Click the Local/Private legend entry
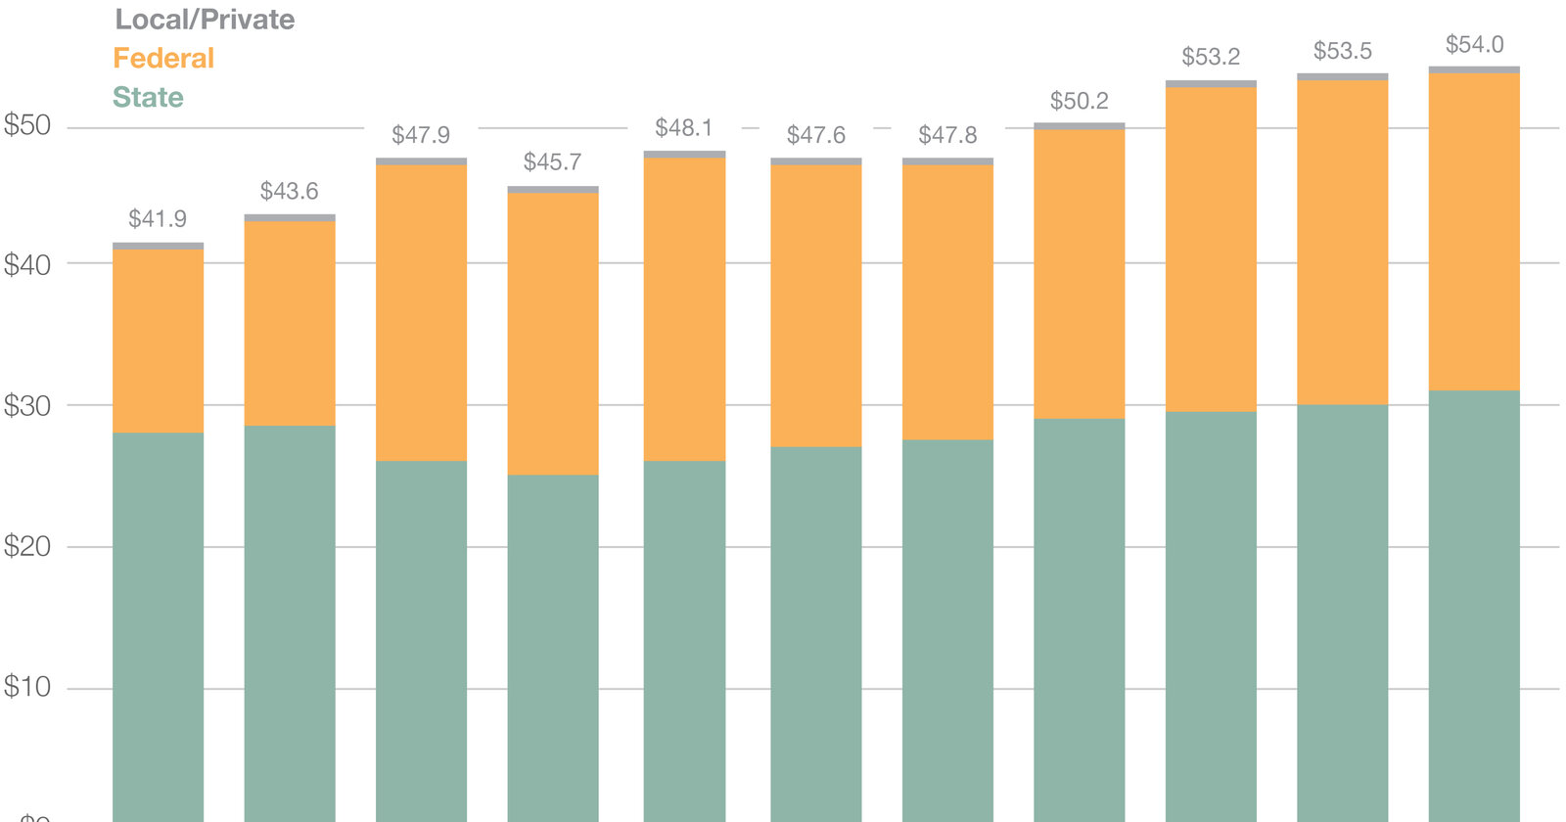click(205, 20)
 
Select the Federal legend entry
click(163, 59)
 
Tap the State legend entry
click(148, 98)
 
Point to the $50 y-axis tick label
click(27, 125)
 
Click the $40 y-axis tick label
click(27, 264)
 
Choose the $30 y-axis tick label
click(27, 406)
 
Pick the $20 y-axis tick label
click(27, 546)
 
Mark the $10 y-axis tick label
click(27, 687)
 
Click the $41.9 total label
click(158, 219)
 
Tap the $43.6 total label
click(289, 191)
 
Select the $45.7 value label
click(552, 162)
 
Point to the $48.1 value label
click(684, 128)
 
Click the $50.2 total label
click(1079, 101)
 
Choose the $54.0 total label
click(1474, 45)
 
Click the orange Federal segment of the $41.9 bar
click(158, 341)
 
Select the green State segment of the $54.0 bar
click(1474, 607)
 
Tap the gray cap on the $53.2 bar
click(1211, 84)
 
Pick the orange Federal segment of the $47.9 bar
click(421, 313)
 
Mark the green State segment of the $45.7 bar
click(552, 646)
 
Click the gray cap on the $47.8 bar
click(947, 161)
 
